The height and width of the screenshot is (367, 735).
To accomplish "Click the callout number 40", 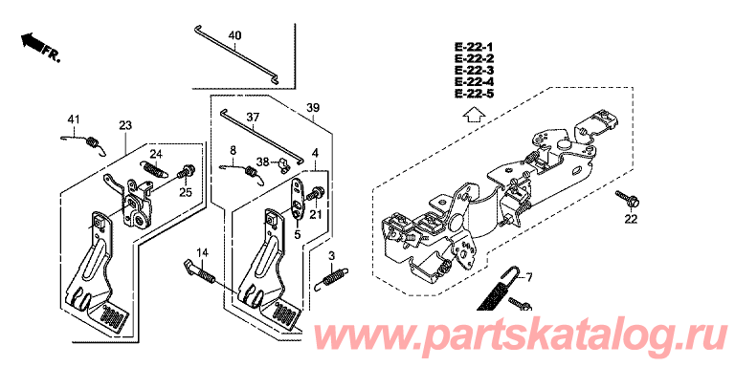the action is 234,35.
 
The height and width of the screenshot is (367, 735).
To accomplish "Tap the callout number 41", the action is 72,120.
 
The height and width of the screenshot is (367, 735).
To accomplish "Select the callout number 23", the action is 125,125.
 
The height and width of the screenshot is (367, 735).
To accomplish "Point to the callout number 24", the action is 156,154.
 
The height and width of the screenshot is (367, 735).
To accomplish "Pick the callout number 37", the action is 253,117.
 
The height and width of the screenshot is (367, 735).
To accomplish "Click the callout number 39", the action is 313,108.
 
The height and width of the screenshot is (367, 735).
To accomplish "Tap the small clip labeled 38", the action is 283,165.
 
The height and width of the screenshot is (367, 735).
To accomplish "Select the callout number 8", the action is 234,150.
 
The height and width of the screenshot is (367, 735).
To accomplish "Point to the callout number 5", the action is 298,235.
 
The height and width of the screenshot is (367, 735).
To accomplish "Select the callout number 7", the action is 529,278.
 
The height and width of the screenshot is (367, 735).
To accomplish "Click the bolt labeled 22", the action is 628,199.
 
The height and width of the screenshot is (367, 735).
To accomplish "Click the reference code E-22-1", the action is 474,47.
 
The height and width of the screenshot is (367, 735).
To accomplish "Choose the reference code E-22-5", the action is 474,94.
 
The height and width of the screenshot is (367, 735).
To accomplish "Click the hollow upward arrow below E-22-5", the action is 474,114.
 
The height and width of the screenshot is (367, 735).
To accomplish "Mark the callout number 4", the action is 316,153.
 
